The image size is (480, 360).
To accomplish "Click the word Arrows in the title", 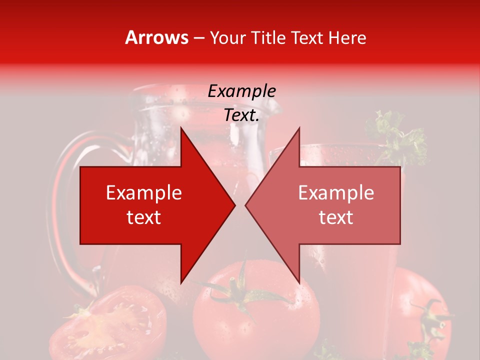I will click(x=156, y=37).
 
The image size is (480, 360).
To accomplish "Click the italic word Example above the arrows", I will click(x=242, y=91).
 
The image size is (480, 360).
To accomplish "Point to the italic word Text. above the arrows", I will click(x=242, y=115).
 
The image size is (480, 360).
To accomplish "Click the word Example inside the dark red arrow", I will click(x=144, y=193).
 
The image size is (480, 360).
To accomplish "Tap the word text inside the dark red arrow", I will click(x=144, y=217).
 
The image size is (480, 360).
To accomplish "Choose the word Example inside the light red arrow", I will click(x=336, y=193).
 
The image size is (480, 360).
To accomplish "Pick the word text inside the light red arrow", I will click(x=336, y=217).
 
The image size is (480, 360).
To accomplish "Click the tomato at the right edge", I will click(x=425, y=310).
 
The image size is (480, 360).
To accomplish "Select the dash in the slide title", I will click(x=198, y=38).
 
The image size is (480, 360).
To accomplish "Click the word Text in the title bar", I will click(x=307, y=37).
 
